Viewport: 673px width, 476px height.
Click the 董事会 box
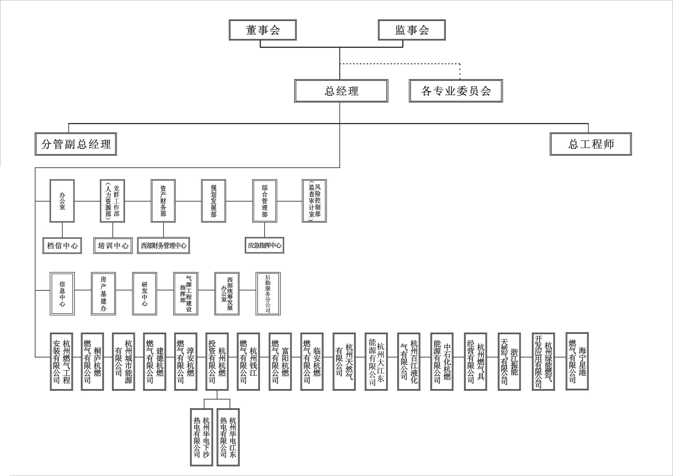coord(263,30)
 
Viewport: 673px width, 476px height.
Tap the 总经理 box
coord(341,91)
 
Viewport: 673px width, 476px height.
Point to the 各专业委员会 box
coord(456,91)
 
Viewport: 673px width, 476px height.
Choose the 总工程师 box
coord(591,144)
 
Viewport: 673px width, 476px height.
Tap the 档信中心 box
coord(62,245)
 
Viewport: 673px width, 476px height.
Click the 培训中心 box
coord(113,245)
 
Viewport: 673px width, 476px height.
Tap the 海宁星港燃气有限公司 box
coord(577,361)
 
